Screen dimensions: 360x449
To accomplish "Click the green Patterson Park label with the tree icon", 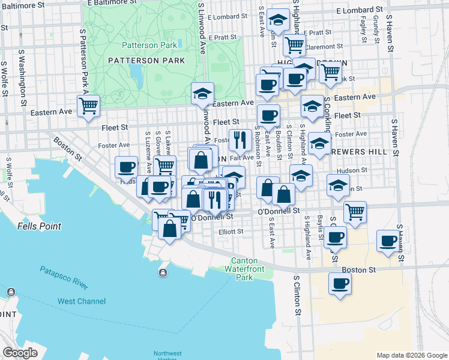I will click(150, 45).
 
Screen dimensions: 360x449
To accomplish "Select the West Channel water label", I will click(82, 301).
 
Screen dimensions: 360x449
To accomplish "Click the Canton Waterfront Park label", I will click(252, 269).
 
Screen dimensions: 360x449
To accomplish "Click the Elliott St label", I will click(231, 230).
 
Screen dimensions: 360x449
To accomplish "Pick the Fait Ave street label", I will click(243, 158).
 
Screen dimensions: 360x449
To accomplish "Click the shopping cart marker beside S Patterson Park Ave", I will click(88, 106).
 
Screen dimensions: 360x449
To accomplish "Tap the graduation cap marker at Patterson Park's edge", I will click(203, 94).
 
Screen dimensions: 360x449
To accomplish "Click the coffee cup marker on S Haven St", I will click(388, 241).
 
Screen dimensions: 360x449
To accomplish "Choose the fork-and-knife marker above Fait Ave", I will click(240, 140).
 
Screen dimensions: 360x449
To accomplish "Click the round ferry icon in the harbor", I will click(163, 274).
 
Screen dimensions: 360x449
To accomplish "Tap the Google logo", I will click(20, 353).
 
